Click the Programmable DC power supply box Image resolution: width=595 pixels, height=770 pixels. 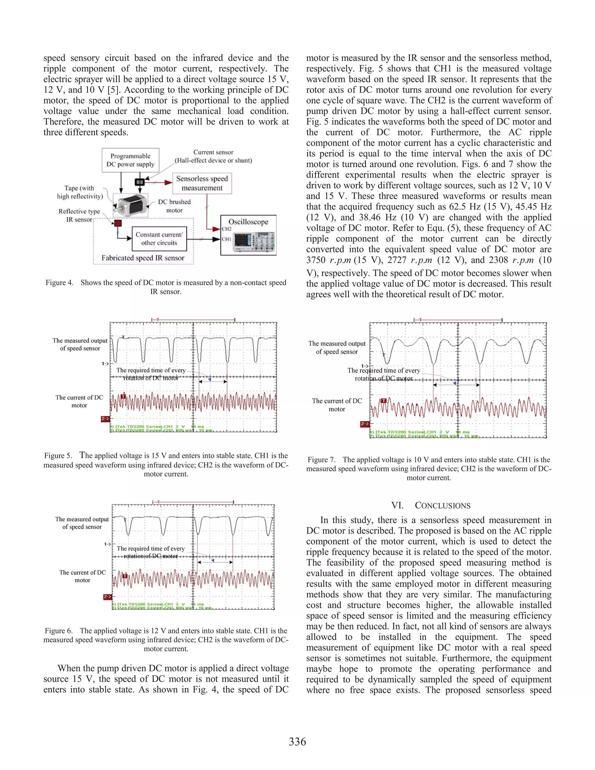click(130, 160)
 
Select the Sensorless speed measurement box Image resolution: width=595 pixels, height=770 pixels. click(202, 183)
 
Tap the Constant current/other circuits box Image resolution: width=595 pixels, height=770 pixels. click(159, 239)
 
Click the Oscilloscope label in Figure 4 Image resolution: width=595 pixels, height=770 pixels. click(248, 222)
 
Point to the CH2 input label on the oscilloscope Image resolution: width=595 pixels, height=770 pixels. click(226, 229)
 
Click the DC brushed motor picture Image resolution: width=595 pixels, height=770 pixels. click(130, 205)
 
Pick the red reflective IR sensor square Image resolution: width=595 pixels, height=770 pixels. click(118, 223)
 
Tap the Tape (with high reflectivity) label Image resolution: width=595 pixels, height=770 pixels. click(80, 192)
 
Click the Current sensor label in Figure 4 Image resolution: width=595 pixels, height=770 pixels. click(213, 152)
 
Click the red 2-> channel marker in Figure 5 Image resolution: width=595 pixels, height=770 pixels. click(105, 419)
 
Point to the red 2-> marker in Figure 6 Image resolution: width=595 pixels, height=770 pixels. click(107, 597)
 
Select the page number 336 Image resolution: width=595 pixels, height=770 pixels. click(297, 742)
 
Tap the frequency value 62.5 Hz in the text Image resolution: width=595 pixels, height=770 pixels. click(465, 207)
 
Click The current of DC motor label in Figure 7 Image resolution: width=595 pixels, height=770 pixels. click(337, 405)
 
